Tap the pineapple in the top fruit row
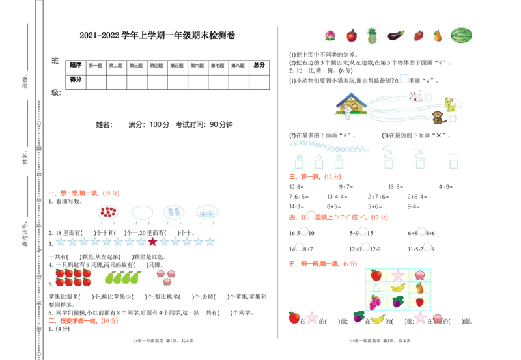pos(373,36)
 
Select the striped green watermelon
pos(461,36)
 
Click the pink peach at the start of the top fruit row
pos(330,36)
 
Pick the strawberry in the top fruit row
pos(419,36)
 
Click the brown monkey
pos(438,118)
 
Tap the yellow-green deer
pos(449,103)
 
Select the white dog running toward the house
pos(415,97)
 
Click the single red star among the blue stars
pos(152,242)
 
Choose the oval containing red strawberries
pos(108,212)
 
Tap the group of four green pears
pos(122,278)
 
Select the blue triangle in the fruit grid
pos(376,288)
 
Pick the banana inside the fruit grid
pos(398,288)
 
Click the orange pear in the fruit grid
pos(420,288)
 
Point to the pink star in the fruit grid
pos(398,275)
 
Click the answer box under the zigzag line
pos(389,165)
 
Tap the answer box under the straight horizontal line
pos(454,165)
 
